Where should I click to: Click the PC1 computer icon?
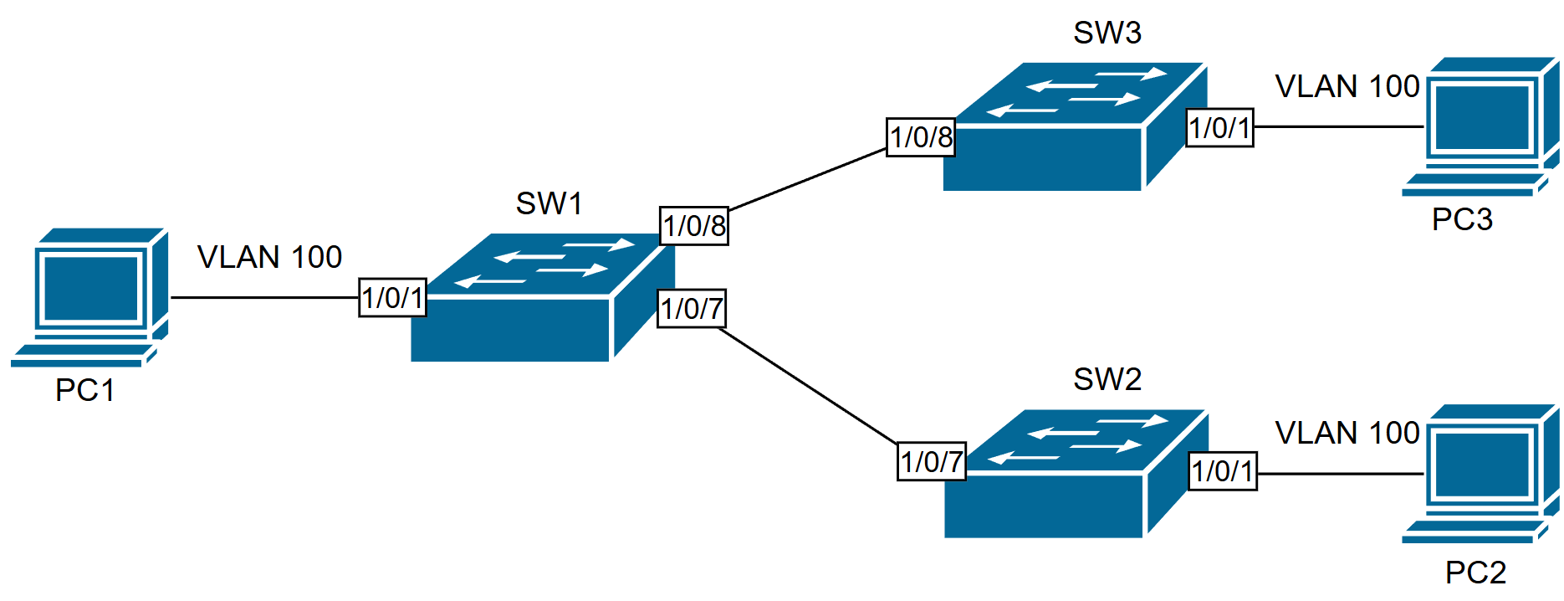pyautogui.click(x=89, y=297)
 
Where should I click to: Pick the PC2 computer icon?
pyautogui.click(x=1480, y=474)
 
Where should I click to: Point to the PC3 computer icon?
pyautogui.click(x=1480, y=126)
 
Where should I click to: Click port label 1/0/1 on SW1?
pyautogui.click(x=393, y=298)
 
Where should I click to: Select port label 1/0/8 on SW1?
pyautogui.click(x=694, y=226)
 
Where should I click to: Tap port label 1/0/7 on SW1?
pyautogui.click(x=692, y=309)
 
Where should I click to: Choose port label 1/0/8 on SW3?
pyautogui.click(x=921, y=137)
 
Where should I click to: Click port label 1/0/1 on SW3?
pyautogui.click(x=1220, y=128)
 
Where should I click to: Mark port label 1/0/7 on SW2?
pyautogui.click(x=932, y=461)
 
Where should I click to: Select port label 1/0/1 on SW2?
pyautogui.click(x=1223, y=471)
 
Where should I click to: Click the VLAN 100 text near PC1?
pyautogui.click(x=269, y=257)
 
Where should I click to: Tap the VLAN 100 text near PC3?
pyautogui.click(x=1347, y=86)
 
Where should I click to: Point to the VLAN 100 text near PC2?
pyautogui.click(x=1347, y=433)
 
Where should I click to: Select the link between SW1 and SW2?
pyautogui.click(x=807, y=385)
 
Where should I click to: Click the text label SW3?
pyautogui.click(x=1107, y=33)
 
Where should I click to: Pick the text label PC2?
pyautogui.click(x=1475, y=573)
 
